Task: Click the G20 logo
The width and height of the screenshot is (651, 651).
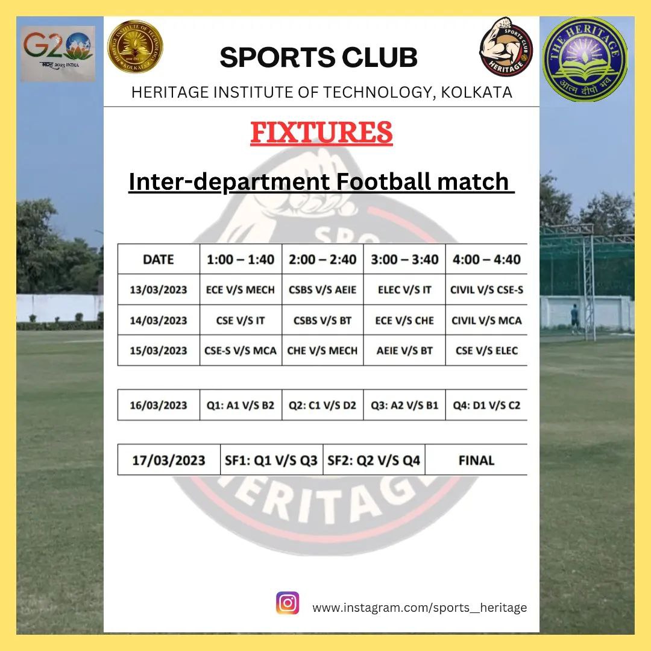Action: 58,53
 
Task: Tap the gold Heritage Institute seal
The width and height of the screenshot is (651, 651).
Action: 135,46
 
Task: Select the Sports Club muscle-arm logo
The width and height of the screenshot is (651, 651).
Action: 506,46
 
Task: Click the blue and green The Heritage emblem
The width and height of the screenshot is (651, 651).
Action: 585,59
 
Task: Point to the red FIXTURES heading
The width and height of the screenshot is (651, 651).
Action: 321,133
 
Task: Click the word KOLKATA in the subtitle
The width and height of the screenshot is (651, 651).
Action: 477,92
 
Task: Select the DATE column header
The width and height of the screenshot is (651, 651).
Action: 158,259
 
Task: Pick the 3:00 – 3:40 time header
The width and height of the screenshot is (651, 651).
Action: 404,259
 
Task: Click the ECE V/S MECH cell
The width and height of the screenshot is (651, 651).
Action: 241,290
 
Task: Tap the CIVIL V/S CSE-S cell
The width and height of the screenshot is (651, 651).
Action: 486,290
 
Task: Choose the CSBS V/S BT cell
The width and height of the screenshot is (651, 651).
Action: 322,321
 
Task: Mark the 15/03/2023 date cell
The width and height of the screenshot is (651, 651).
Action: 158,351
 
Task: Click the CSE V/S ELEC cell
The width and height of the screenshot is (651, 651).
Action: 486,351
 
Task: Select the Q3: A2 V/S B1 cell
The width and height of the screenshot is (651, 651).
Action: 404,405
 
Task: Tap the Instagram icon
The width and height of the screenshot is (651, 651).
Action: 288,603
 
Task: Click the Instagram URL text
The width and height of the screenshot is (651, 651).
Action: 420,608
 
